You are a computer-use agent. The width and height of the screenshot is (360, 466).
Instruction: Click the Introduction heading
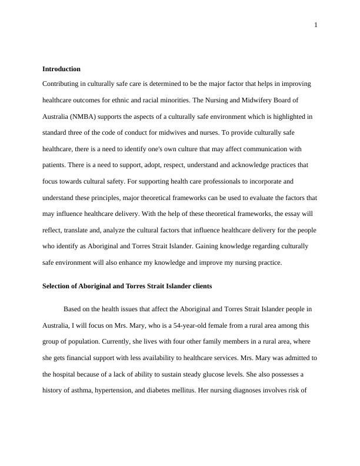61,69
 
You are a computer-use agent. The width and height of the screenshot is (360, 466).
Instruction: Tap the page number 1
316,25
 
